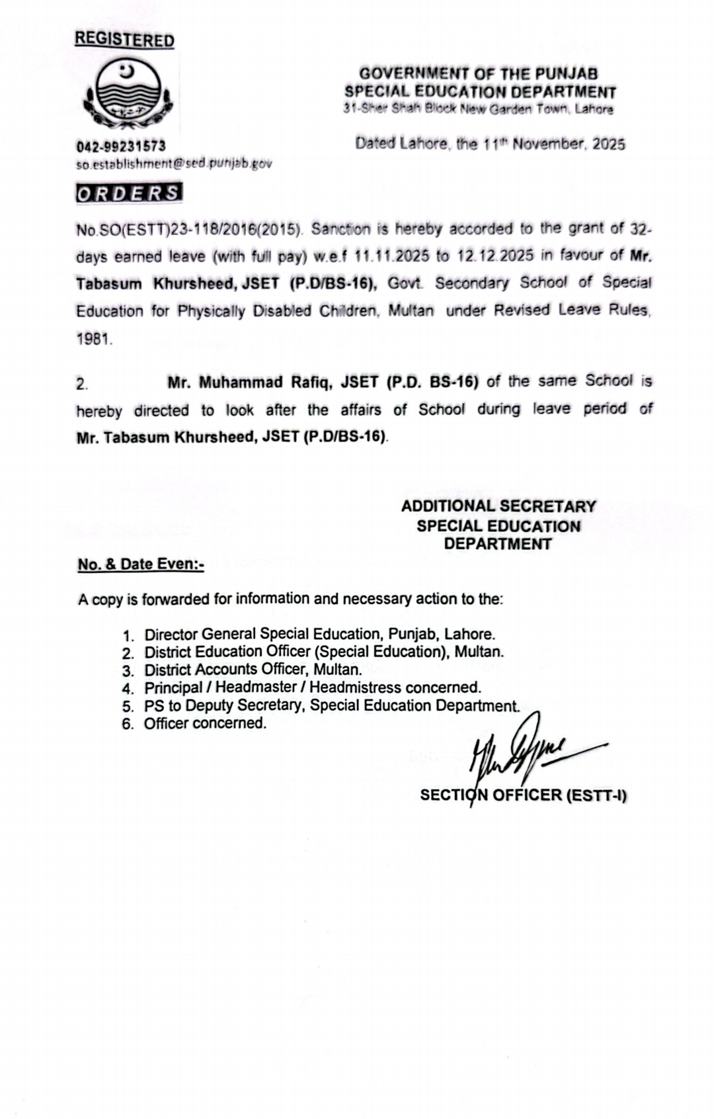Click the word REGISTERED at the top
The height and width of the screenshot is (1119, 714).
(124, 40)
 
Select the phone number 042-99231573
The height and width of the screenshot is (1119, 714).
(121, 146)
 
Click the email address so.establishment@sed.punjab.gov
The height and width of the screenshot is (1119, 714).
(173, 163)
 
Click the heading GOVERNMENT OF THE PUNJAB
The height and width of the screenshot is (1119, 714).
(479, 74)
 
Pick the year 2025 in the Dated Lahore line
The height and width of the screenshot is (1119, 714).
(608, 144)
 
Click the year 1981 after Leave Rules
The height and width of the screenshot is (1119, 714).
(94, 339)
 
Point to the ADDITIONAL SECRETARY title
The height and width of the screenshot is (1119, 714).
(498, 507)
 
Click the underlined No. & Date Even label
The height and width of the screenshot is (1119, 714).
(141, 564)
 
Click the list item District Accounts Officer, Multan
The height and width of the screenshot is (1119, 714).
(253, 670)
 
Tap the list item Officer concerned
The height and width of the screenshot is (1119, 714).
(206, 723)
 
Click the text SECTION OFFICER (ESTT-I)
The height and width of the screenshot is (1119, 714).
(524, 795)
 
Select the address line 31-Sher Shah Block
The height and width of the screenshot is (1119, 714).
(478, 109)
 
